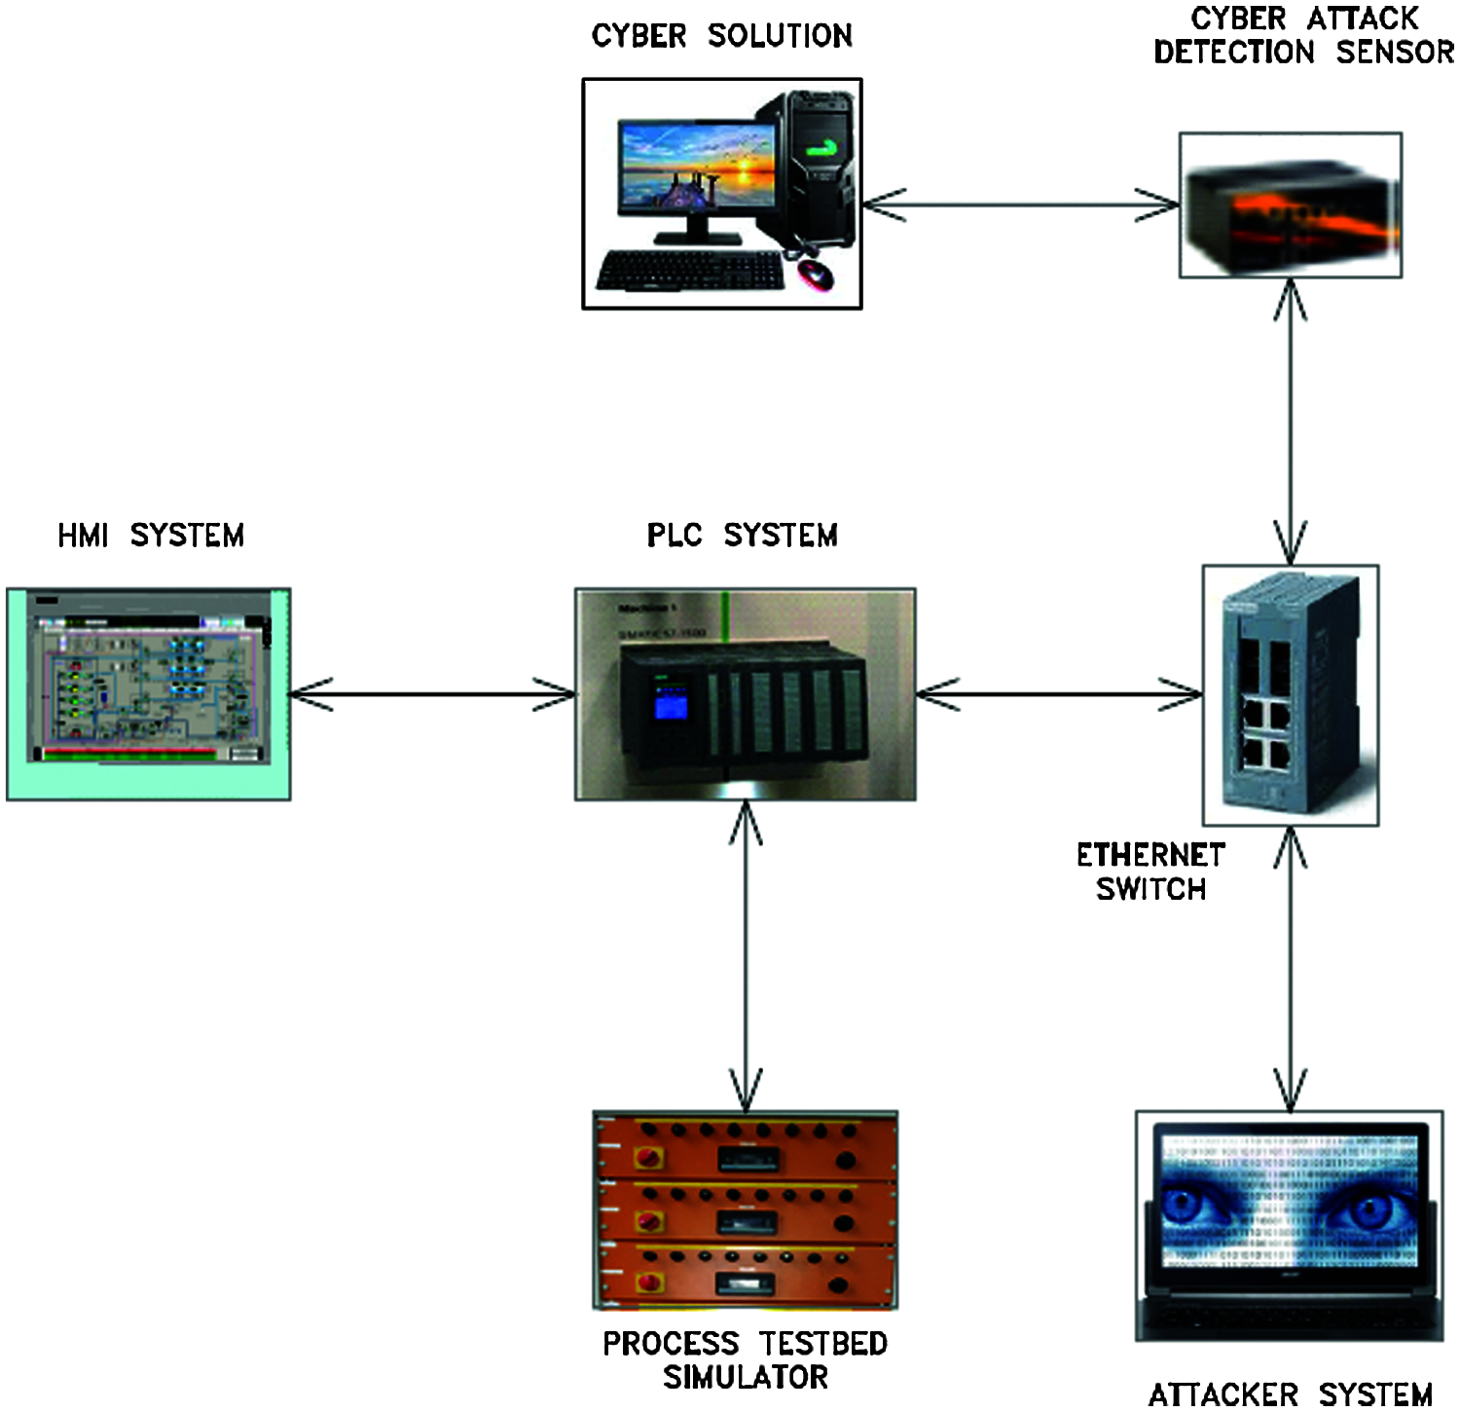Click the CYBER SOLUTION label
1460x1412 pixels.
(x=721, y=36)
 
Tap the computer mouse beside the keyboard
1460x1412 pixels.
(x=816, y=275)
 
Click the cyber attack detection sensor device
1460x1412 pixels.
(x=1291, y=206)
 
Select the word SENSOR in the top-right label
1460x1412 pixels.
(x=1395, y=52)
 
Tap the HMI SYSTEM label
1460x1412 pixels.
(x=151, y=535)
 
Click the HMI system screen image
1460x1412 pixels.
(x=149, y=693)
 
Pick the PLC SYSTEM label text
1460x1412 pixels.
(x=742, y=535)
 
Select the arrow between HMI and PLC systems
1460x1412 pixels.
(x=433, y=694)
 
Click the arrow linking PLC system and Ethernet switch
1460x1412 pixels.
(x=1059, y=694)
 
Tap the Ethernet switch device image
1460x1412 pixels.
(x=1291, y=694)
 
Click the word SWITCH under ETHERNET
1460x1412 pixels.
(x=1150, y=888)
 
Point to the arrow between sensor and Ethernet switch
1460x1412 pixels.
(x=1291, y=421)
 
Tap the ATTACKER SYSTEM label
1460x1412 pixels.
(x=1291, y=1394)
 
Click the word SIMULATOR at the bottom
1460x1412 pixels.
(x=746, y=1377)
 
